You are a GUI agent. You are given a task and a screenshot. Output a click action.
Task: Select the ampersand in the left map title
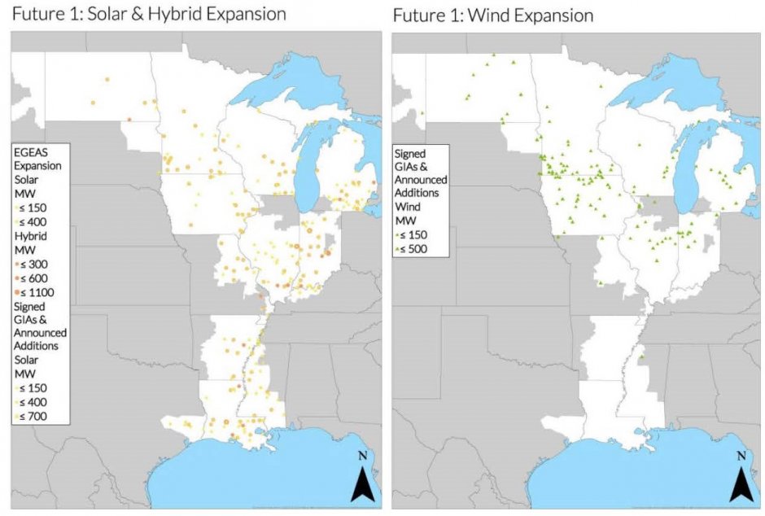coord(138,15)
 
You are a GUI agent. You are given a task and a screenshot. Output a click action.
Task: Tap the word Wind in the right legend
coord(407,207)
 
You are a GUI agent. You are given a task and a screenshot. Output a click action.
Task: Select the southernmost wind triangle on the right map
coord(641,356)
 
